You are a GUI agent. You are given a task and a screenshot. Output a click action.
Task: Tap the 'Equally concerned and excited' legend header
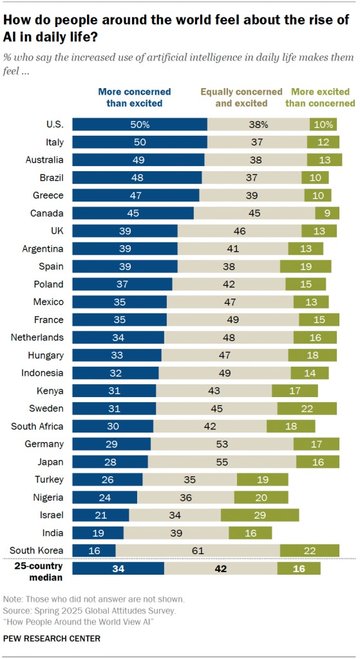click(241, 97)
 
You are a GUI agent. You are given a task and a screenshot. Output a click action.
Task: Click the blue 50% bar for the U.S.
click(139, 124)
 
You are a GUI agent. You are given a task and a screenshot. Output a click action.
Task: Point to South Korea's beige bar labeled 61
click(197, 550)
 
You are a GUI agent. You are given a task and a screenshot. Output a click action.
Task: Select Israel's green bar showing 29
click(260, 514)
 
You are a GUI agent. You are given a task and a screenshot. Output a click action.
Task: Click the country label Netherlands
click(37, 337)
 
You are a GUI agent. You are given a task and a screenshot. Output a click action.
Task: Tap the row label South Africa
click(37, 426)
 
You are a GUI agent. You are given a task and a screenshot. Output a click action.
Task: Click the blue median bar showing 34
click(118, 568)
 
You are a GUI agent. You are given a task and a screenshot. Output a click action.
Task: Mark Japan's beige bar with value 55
click(222, 461)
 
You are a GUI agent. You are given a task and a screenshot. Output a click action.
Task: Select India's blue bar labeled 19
click(97, 532)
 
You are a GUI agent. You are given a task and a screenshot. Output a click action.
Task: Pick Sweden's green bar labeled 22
click(307, 408)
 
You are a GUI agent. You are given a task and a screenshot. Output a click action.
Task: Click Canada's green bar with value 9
click(327, 213)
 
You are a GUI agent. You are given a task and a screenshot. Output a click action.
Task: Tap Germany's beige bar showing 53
click(222, 443)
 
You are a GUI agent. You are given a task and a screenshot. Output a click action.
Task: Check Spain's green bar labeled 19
click(305, 266)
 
